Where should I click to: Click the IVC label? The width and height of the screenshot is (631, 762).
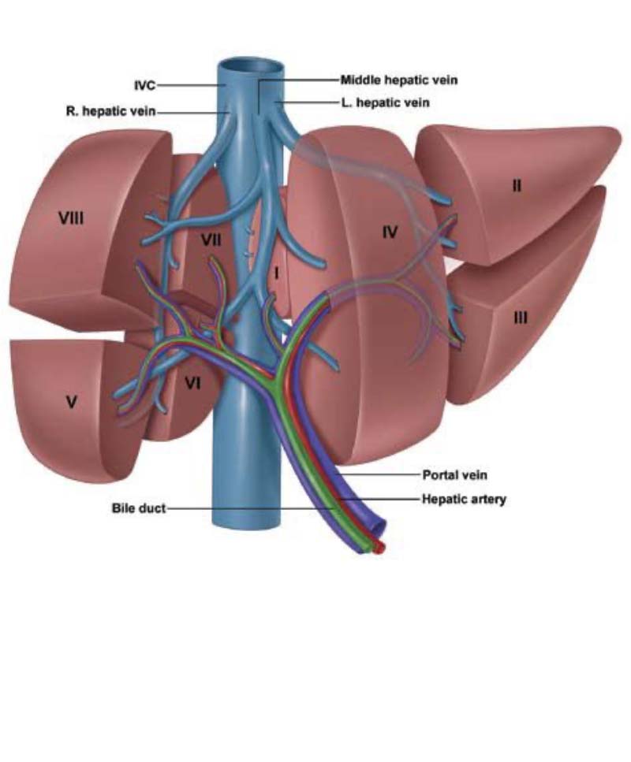click(x=145, y=86)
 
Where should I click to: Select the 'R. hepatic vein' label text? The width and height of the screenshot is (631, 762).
click(x=111, y=111)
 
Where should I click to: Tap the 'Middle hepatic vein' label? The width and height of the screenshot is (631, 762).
click(x=399, y=80)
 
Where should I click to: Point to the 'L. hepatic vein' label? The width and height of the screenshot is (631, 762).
click(x=386, y=102)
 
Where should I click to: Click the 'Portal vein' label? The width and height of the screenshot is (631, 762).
click(x=454, y=474)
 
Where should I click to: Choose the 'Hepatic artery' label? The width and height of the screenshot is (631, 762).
click(x=464, y=499)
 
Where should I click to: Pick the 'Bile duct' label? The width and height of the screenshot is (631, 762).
click(x=139, y=508)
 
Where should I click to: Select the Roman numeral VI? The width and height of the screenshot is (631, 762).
click(x=192, y=384)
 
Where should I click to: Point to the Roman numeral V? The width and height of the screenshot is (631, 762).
click(x=71, y=402)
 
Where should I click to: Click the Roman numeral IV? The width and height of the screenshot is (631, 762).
click(x=390, y=232)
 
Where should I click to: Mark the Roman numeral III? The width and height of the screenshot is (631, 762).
click(x=520, y=318)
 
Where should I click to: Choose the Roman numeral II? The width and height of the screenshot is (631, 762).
click(x=517, y=185)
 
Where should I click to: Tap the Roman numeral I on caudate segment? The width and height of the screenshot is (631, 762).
click(x=276, y=274)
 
